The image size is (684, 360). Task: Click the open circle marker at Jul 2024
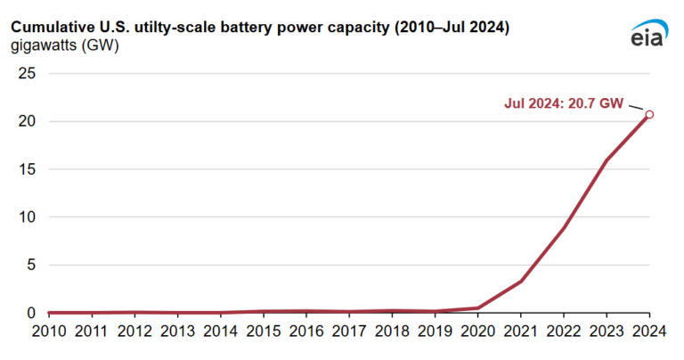(649, 114)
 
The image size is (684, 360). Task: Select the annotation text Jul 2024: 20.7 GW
(563, 103)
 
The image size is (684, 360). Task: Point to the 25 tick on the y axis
(27, 74)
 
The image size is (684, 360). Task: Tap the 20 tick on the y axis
(27, 121)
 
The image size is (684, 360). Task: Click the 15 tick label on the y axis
(27, 169)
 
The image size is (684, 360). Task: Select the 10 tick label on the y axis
(27, 217)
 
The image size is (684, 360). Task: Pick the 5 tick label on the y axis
(30, 265)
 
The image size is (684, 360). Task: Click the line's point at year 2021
(521, 281)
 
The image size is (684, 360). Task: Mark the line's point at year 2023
(607, 160)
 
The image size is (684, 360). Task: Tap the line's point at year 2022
(564, 228)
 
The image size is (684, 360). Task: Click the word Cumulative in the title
(52, 27)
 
